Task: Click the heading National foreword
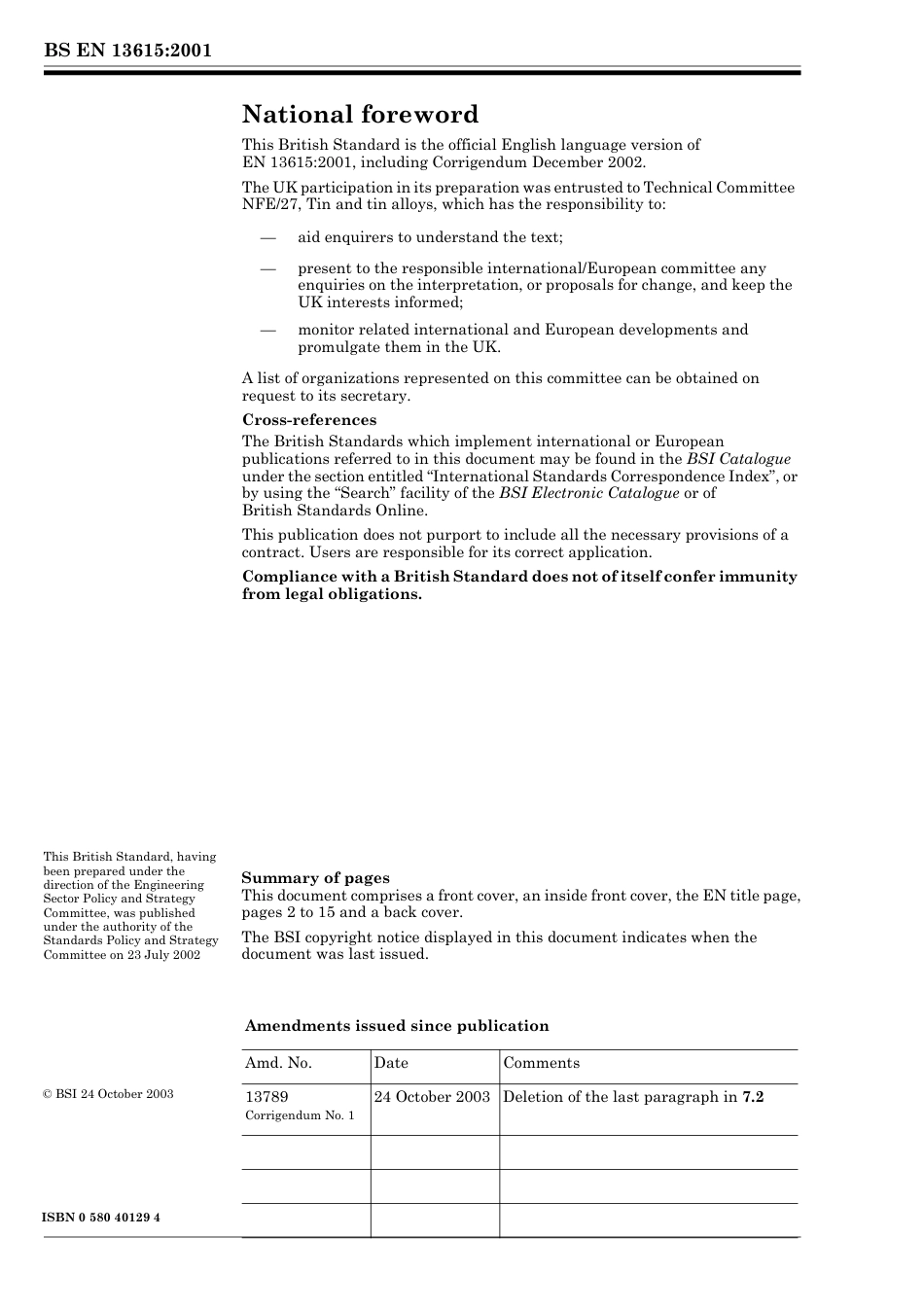coord(360,115)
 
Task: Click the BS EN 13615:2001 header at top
coord(127,51)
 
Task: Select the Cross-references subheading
coord(309,420)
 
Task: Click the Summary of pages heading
coord(315,878)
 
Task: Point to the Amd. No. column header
coord(278,1063)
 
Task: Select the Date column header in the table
coord(391,1063)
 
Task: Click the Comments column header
coord(541,1063)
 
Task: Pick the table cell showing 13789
coord(267,1097)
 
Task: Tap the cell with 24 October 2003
coord(432,1097)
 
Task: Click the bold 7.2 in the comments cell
coord(753,1097)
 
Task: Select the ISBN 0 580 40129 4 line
coord(102,1218)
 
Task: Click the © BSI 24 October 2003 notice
coord(108,1094)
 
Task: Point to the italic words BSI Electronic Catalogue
coord(588,493)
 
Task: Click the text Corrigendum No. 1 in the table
coord(300,1115)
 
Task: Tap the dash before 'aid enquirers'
coord(268,238)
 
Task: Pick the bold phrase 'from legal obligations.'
coord(332,594)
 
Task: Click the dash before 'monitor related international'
coord(268,330)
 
